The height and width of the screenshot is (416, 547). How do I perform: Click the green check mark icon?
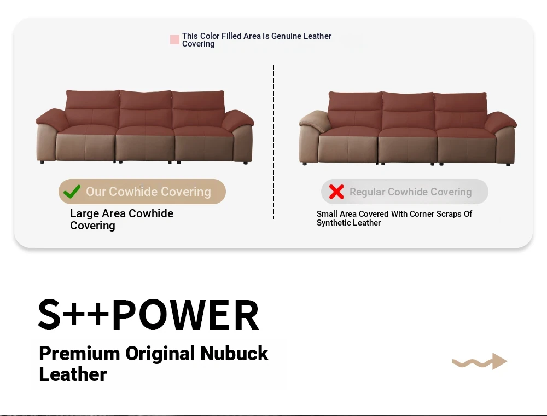pos(72,192)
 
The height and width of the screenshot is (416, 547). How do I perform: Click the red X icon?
pos(336,192)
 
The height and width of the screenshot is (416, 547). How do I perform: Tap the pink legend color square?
pos(175,40)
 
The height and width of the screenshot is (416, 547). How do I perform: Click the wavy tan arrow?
pos(480,362)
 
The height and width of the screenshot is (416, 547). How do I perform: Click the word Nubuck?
pos(234,353)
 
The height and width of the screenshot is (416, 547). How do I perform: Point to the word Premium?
pos(79,353)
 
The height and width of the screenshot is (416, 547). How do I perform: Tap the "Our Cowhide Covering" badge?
pos(142,192)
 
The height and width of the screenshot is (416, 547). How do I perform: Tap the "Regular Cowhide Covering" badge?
pos(405,192)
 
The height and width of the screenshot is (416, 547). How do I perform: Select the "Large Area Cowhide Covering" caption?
pos(122,219)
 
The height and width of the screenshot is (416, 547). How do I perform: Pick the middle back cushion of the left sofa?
pos(146,109)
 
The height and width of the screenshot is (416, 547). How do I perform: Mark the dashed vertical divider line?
pos(274,142)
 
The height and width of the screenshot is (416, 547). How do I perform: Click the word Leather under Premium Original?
pos(73,374)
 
